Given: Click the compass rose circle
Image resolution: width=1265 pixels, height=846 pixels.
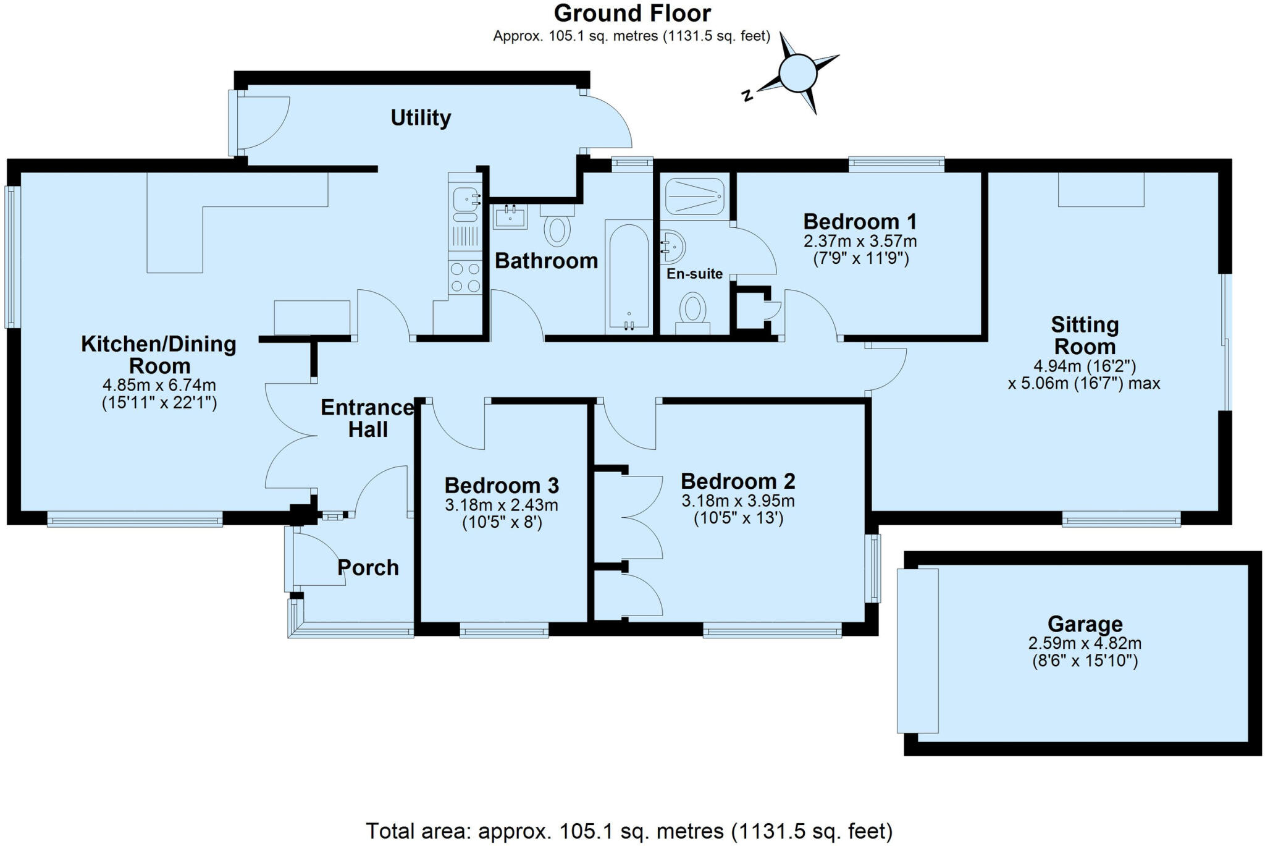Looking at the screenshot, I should tap(798, 73).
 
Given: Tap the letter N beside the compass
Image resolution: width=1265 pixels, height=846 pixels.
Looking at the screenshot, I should tap(747, 95).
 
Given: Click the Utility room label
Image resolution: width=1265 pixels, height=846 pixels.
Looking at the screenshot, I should tap(421, 117).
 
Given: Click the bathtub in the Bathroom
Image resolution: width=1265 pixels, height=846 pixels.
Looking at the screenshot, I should tap(629, 275).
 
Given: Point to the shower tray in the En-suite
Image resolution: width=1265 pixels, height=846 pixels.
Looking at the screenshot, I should tap(695, 197).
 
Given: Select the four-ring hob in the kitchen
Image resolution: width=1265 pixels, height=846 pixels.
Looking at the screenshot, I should tap(465, 277).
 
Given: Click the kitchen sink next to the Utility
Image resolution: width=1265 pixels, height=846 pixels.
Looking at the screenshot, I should tap(464, 200).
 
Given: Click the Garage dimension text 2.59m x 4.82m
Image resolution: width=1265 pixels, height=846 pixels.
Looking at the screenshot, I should tap(1085, 643).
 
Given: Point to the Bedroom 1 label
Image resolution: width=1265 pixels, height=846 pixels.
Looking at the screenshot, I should tap(860, 221).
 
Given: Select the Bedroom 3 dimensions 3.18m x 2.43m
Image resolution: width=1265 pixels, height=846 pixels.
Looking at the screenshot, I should tap(502, 505).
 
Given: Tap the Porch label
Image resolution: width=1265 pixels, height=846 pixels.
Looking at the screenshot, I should tap(368, 567).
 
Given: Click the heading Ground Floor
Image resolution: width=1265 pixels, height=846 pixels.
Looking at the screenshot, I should tap(632, 13).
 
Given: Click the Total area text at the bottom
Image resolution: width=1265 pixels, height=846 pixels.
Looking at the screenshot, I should tap(629, 831).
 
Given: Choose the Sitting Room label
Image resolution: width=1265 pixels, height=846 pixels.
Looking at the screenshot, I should tap(1085, 336).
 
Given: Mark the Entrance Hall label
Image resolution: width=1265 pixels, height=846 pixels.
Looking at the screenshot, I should tap(368, 418).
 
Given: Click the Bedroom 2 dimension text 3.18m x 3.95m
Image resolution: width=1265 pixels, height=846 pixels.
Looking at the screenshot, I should tap(738, 501).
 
